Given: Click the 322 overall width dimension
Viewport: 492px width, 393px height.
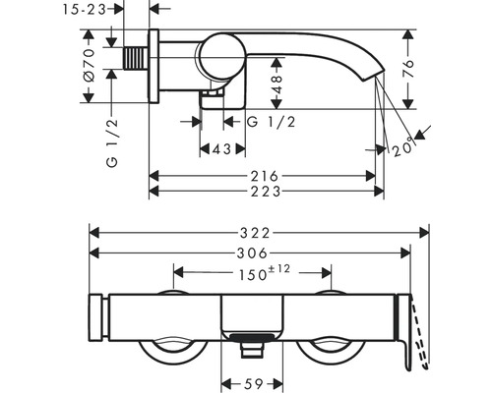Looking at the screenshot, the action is pyautogui.click(x=255, y=233).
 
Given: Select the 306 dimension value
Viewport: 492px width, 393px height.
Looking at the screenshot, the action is pyautogui.click(x=252, y=253).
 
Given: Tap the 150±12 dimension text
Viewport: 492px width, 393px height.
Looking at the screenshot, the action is pyautogui.click(x=265, y=273).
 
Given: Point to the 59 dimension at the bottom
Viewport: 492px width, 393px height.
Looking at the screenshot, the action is pyautogui.click(x=254, y=383).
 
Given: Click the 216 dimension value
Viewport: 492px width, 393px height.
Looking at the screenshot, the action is pyautogui.click(x=265, y=176).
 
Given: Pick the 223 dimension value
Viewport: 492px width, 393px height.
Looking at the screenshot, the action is pyautogui.click(x=266, y=192).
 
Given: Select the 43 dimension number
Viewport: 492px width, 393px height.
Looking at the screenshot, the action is pyautogui.click(x=222, y=149).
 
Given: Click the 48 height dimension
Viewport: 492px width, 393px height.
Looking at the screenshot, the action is pyautogui.click(x=277, y=84).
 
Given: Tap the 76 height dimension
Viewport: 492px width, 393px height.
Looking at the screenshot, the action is pyautogui.click(x=408, y=68).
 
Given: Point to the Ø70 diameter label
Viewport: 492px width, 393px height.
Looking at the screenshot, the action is pyautogui.click(x=90, y=65).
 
